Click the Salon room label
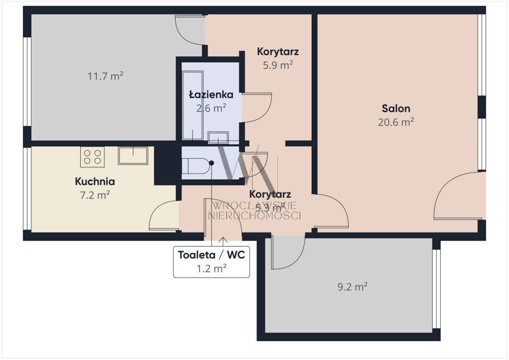click(x=396, y=109)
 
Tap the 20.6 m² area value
click(x=396, y=122)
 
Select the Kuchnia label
click(x=95, y=181)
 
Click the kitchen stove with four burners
click(x=92, y=156)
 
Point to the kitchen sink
click(x=133, y=156)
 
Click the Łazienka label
click(x=211, y=95)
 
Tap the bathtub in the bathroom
click(x=192, y=105)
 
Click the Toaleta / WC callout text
click(x=211, y=255)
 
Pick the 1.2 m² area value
click(x=211, y=268)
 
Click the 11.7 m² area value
click(x=106, y=76)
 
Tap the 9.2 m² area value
click(x=352, y=287)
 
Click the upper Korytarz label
click(x=278, y=52)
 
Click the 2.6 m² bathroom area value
click(x=211, y=108)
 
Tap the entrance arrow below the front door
click(x=223, y=241)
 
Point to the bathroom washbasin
click(x=218, y=137)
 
